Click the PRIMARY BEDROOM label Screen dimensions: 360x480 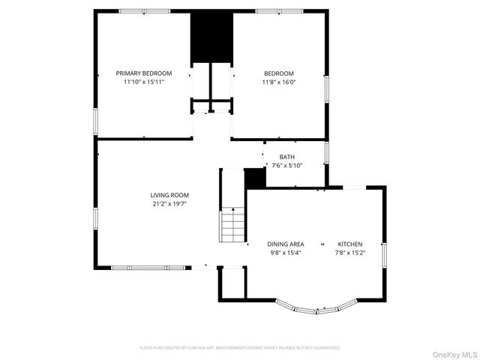click(x=143, y=73)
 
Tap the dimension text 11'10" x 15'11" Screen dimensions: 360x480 click(x=143, y=82)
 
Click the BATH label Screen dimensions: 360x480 click(x=287, y=157)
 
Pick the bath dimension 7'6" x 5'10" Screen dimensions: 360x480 click(x=287, y=166)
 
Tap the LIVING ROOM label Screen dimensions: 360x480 click(x=169, y=195)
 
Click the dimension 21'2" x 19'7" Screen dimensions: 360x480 click(x=169, y=204)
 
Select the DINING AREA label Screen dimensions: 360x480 click(x=286, y=244)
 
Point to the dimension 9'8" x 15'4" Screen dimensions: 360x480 click(x=286, y=253)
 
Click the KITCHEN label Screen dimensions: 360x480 click(x=349, y=244)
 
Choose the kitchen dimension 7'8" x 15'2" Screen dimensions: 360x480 click(x=349, y=253)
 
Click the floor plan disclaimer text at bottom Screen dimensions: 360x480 click(x=240, y=348)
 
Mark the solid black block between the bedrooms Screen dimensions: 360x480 click(x=211, y=37)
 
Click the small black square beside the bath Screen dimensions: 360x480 click(x=256, y=178)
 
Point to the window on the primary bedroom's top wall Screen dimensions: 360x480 click(x=142, y=10)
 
